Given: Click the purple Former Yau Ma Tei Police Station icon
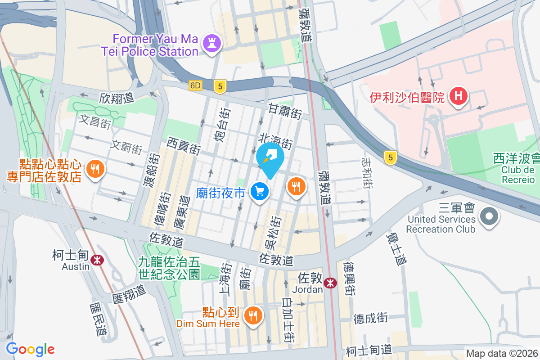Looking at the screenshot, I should (210, 44).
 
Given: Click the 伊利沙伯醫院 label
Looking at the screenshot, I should (407, 97).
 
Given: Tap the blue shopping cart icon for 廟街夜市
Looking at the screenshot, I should (260, 192).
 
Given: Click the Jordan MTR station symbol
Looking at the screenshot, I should (331, 283).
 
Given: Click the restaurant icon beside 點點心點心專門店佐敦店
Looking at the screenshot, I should (95, 169).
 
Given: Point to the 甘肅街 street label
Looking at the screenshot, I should (285, 111).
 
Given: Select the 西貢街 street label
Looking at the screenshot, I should (184, 146).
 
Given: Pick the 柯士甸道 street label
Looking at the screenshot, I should (369, 350).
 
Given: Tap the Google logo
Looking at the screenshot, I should (30, 349).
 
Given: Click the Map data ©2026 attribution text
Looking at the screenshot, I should (501, 354).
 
